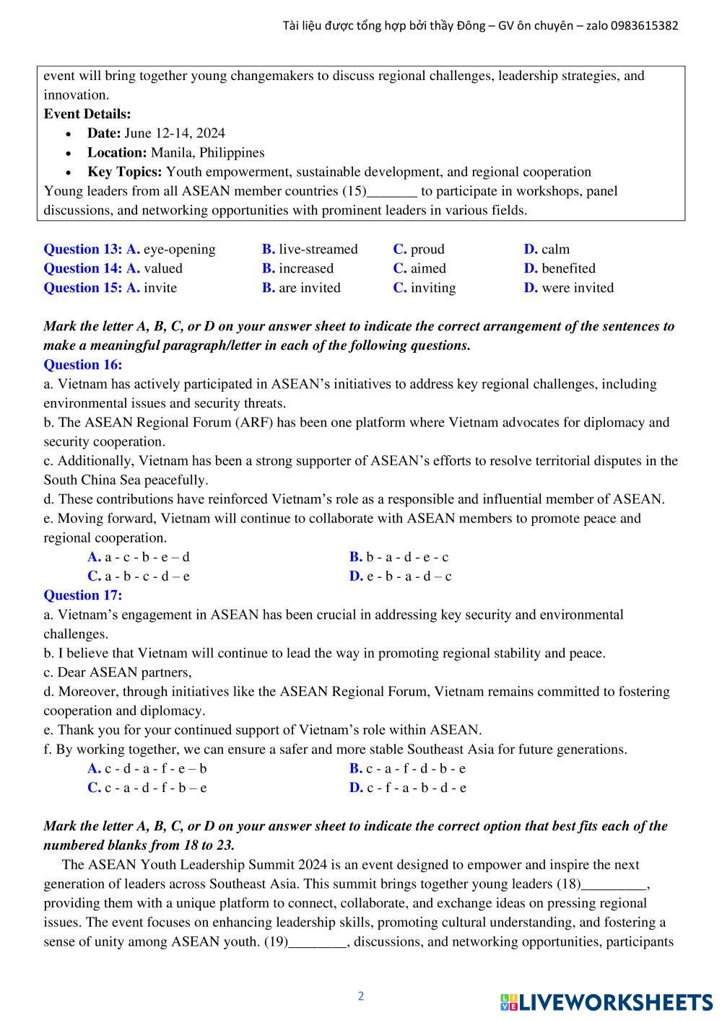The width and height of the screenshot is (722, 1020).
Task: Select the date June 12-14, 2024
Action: coord(174,133)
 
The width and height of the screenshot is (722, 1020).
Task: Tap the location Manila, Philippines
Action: coord(207,153)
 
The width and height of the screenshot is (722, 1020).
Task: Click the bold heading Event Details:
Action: coord(87,114)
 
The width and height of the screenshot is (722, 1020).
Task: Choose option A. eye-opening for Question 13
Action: coord(171,250)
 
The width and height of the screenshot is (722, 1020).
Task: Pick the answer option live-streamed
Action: coord(318,250)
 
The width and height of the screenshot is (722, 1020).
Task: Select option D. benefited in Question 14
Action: coord(560,268)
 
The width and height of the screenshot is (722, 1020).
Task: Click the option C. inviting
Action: coord(425,288)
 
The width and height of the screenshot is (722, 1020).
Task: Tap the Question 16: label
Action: coord(83,365)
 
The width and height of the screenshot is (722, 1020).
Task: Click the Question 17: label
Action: coord(83,596)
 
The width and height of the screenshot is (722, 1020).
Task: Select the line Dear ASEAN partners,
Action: coord(118,672)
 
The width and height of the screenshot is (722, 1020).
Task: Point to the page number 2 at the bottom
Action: coord(361,996)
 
